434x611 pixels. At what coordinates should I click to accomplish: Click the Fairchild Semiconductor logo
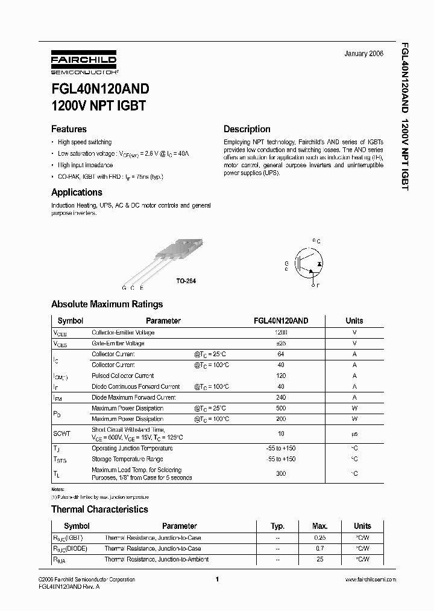coord(83,64)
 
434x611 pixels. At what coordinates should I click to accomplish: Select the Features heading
coord(69,129)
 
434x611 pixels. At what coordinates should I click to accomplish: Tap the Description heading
coord(247,129)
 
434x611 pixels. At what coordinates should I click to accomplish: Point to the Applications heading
coord(77,193)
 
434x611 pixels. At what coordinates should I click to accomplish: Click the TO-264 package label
coord(186,281)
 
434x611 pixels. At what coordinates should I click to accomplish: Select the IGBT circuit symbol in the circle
coord(309,264)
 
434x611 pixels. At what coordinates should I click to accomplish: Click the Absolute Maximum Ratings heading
coord(107,304)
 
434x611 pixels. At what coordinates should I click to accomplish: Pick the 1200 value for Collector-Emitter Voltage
coord(280,333)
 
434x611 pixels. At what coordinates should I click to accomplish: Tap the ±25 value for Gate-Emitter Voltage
coord(280,344)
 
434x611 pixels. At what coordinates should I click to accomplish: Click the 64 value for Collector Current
coord(280,354)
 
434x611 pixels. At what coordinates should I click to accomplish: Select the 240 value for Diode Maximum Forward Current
coord(280,398)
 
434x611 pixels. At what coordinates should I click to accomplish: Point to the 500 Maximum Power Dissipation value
coord(280,409)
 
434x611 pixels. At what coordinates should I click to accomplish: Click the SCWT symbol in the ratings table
coord(62,433)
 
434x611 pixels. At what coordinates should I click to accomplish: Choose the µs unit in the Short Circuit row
coord(354,433)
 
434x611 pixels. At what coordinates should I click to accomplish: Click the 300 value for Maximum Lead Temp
coord(280,474)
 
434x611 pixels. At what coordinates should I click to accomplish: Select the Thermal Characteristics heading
coord(99,510)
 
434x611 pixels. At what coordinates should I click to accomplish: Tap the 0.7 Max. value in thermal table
coord(319,549)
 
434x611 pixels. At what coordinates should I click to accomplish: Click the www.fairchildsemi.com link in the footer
coord(370,580)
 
